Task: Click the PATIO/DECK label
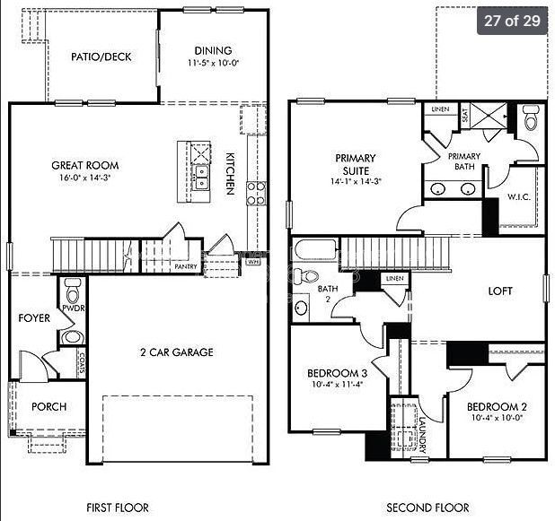pos(101,56)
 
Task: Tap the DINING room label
pos(212,51)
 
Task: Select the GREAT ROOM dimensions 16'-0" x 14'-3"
pos(84,178)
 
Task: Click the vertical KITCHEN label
pos(230,173)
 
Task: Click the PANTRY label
pos(186,266)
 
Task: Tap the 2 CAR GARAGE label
pos(176,352)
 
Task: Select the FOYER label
pos(34,318)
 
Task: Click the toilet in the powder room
pos(73,291)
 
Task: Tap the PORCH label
pos(48,406)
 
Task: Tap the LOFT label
pos(500,291)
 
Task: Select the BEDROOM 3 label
pos(337,373)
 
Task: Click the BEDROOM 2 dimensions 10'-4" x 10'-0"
pos(497,418)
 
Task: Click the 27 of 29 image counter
pos(512,20)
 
